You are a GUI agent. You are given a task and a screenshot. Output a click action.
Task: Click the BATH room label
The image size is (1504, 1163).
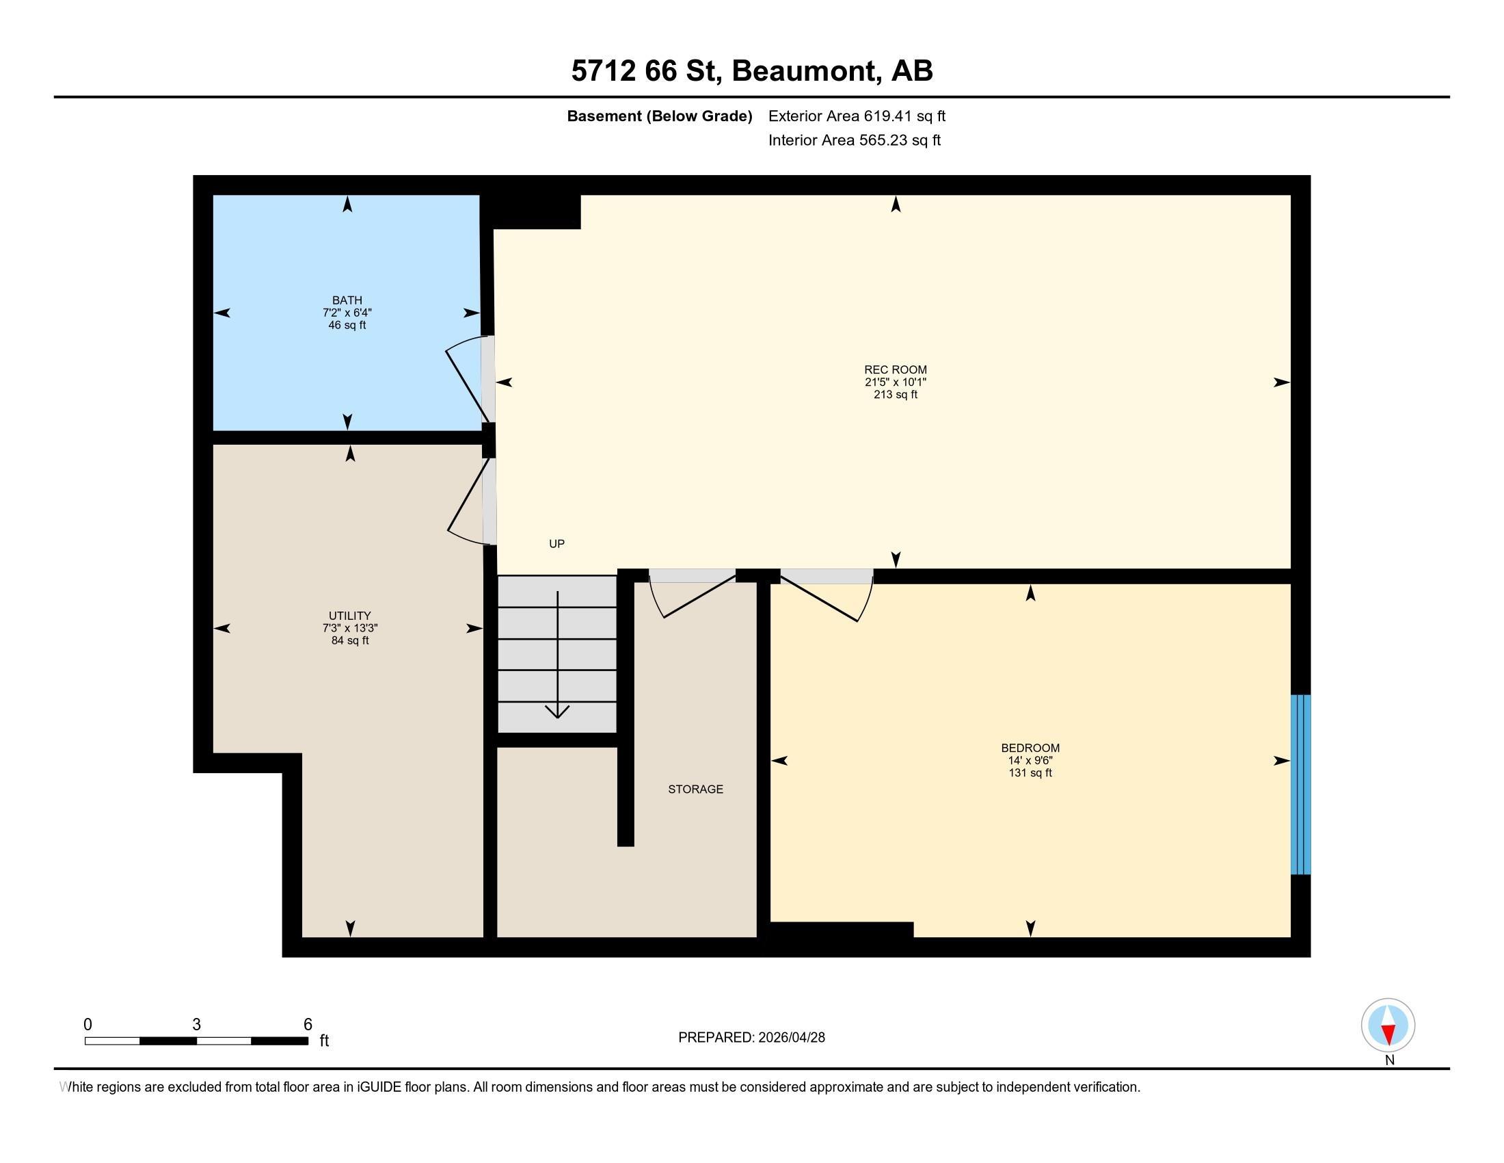pyautogui.click(x=347, y=300)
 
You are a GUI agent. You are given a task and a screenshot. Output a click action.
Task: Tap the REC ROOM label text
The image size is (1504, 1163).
pyautogui.click(x=896, y=370)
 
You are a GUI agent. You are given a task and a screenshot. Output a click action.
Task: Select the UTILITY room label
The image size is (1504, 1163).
pyautogui.click(x=350, y=616)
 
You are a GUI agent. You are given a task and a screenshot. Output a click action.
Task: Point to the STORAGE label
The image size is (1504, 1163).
pyautogui.click(x=695, y=789)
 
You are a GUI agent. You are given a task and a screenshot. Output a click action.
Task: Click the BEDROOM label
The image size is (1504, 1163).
pyautogui.click(x=1030, y=748)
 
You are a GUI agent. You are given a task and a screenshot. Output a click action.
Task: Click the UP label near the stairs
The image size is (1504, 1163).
pyautogui.click(x=556, y=544)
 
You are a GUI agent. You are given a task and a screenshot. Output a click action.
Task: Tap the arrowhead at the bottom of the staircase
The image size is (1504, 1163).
pyautogui.click(x=557, y=711)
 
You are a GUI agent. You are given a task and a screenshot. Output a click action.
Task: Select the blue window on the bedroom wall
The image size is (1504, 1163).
pyautogui.click(x=1300, y=784)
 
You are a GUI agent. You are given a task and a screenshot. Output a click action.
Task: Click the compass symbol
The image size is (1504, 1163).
pyautogui.click(x=1388, y=1025)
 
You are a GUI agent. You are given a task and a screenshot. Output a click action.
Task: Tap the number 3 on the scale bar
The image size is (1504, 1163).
pyautogui.click(x=196, y=1025)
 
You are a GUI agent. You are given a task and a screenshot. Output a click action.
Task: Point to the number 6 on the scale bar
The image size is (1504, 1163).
pyautogui.click(x=308, y=1025)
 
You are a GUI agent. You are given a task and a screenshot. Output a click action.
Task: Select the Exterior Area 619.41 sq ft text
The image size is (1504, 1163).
pyautogui.click(x=857, y=116)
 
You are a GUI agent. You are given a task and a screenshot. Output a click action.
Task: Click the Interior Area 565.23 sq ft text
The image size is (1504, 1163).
pyautogui.click(x=854, y=140)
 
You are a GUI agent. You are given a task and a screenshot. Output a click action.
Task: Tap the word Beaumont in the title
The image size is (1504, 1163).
pyautogui.click(x=807, y=72)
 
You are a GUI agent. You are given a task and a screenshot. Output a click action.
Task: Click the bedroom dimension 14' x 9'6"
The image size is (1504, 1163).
pyautogui.click(x=1030, y=761)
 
